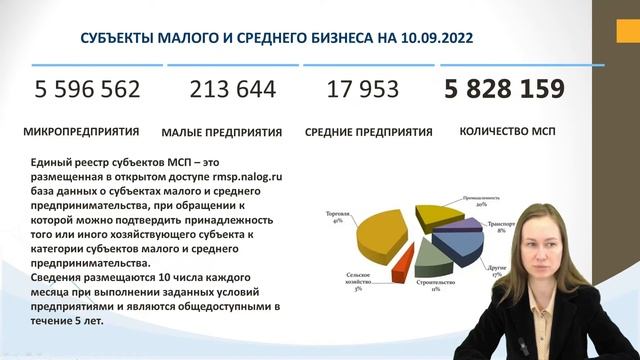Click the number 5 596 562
click(x=87, y=90)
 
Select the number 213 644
click(x=232, y=90)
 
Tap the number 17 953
click(x=362, y=90)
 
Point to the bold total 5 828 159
click(x=505, y=90)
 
